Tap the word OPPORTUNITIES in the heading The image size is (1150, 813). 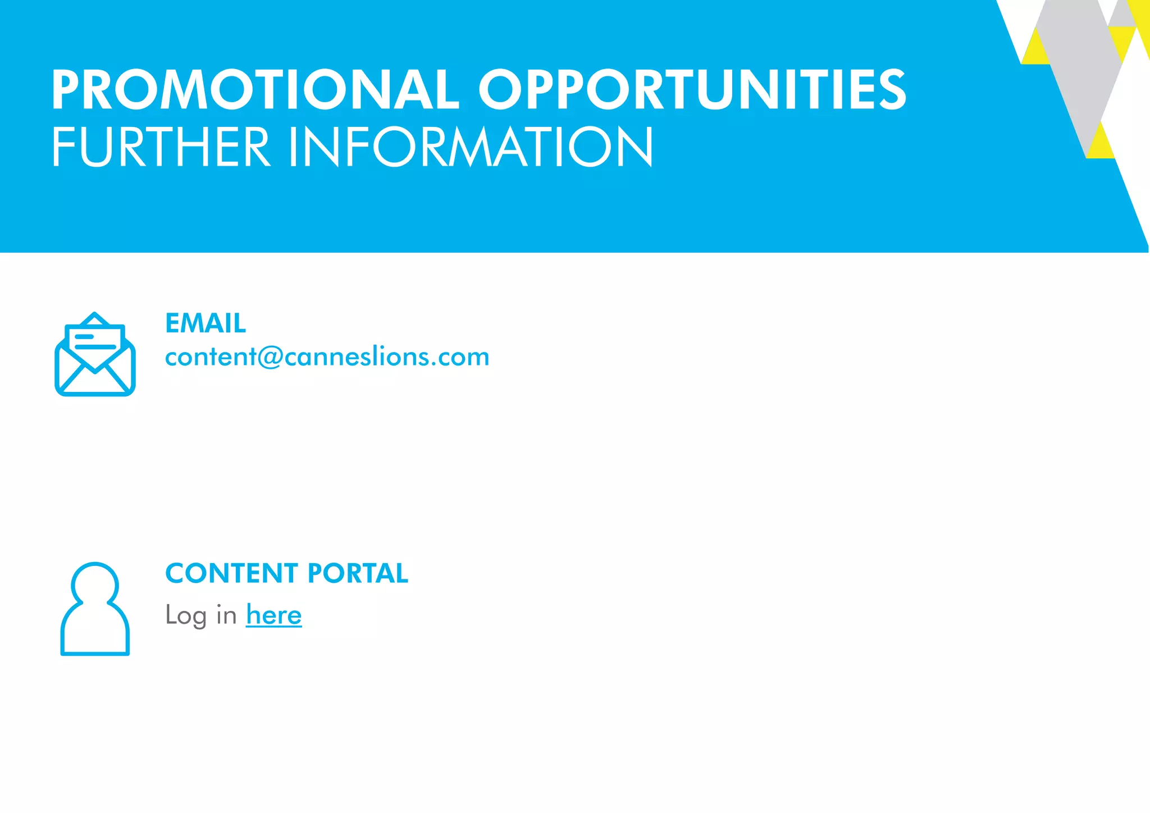[x=692, y=90]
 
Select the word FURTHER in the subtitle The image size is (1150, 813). [x=161, y=147]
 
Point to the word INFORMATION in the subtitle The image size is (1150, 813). [x=471, y=147]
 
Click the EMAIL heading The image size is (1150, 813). [x=206, y=323]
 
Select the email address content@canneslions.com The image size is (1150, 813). [x=327, y=357]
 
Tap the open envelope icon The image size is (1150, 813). [x=95, y=355]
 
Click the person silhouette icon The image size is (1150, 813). [x=95, y=609]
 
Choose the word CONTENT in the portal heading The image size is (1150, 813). [x=231, y=573]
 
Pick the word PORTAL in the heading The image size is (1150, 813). [x=358, y=573]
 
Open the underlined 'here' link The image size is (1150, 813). [x=273, y=615]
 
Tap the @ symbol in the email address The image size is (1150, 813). [x=271, y=358]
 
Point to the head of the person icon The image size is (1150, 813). [x=95, y=584]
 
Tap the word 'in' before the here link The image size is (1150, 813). [x=226, y=615]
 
